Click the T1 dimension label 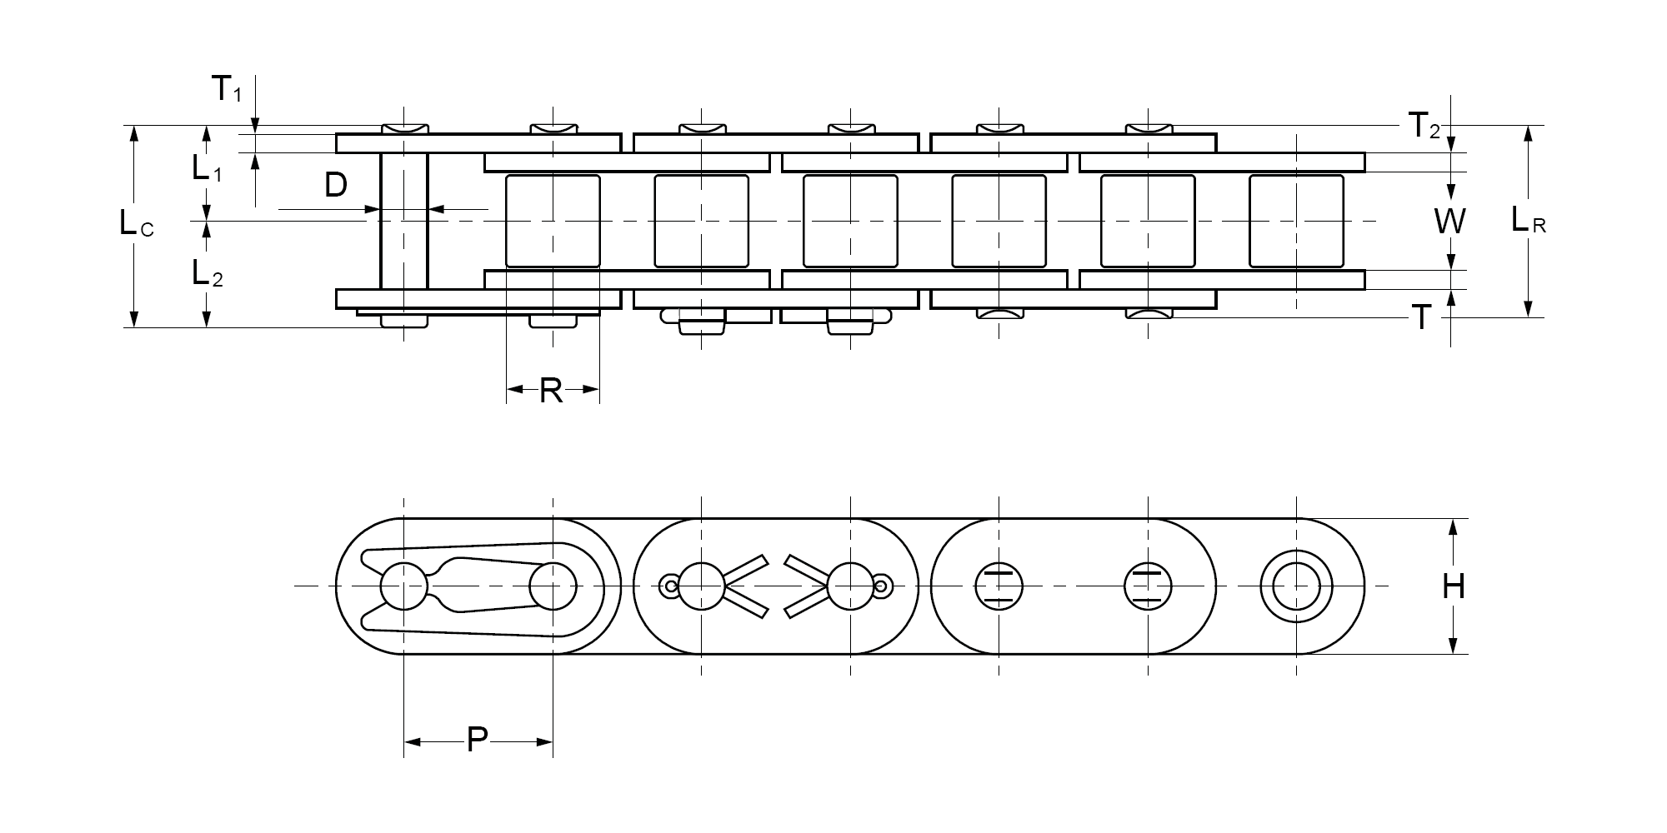point(226,88)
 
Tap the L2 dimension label point(207,273)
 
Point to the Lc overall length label point(136,223)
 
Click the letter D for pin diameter point(335,186)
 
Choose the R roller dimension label point(551,390)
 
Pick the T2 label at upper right point(1424,127)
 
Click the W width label point(1450,222)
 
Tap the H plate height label point(1454,587)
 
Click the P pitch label point(477,740)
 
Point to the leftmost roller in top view point(553,221)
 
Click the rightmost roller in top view point(1296,221)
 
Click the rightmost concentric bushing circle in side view point(1296,586)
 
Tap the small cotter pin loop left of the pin point(669,586)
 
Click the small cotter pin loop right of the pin point(882,586)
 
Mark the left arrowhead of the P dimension point(412,741)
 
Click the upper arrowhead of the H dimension point(1454,526)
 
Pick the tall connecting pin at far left point(404,221)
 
